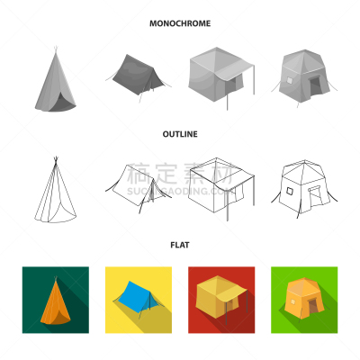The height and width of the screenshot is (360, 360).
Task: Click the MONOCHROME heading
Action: [x=180, y=23]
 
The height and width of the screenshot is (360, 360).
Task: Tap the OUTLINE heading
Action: [x=180, y=134]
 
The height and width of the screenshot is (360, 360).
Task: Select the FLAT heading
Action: [x=180, y=245]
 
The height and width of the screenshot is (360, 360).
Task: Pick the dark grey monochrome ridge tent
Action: [x=138, y=76]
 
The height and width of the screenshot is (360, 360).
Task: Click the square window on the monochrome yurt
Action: [x=290, y=80]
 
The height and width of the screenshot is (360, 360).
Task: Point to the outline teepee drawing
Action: [x=55, y=191]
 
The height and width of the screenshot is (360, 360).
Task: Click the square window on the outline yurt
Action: [x=290, y=191]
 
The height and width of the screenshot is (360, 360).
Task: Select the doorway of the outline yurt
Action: [x=315, y=196]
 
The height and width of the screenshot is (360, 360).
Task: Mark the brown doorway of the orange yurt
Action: [x=312, y=305]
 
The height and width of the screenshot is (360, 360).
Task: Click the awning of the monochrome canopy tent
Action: [x=236, y=70]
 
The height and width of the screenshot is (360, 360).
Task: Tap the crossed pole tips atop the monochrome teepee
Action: [x=55, y=49]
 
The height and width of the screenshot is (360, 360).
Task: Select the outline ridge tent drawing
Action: [x=138, y=187]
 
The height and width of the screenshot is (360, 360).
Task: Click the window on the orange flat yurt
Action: [x=292, y=301]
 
